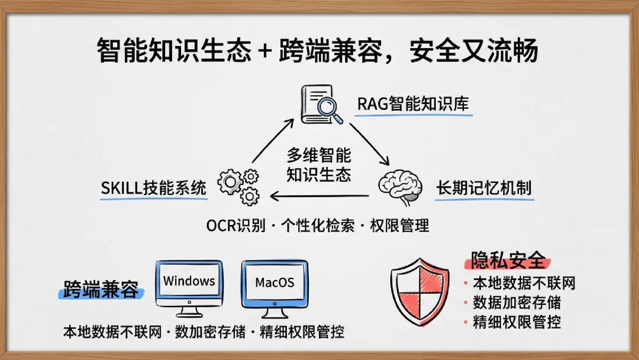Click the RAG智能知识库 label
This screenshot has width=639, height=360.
(413, 104)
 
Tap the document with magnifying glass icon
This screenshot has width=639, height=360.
(321, 104)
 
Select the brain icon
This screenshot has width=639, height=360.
(400, 187)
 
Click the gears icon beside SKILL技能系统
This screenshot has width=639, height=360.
(239, 187)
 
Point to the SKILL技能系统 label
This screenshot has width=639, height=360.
(154, 188)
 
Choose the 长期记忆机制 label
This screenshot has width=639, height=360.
(484, 188)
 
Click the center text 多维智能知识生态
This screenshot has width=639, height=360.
(319, 165)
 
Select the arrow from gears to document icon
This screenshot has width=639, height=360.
(273, 141)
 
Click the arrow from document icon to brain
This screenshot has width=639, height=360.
(370, 144)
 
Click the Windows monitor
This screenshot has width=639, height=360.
(189, 289)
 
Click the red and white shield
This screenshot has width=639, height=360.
(419, 291)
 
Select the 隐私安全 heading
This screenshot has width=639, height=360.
(508, 260)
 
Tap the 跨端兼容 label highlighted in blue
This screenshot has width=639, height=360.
(101, 289)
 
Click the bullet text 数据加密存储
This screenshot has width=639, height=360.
(517, 303)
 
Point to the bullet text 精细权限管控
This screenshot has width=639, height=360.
(517, 322)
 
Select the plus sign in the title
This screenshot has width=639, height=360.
(265, 51)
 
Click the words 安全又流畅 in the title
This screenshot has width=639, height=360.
(474, 50)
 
